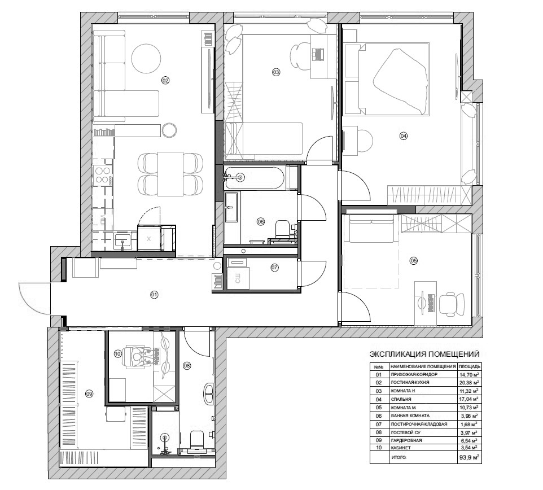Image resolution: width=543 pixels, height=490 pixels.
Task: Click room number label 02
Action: tap(165, 80)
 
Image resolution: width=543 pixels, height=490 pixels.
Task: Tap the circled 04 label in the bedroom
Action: tap(404, 136)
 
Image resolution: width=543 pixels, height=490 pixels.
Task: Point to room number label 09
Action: tap(89, 393)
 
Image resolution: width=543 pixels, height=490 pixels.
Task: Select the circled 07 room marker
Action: tap(274, 268)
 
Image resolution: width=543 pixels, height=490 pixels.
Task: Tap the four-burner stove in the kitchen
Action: tap(103, 174)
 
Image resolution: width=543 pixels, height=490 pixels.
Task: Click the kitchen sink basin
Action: tap(122, 239)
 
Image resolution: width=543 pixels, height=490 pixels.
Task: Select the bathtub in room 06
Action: tap(254, 178)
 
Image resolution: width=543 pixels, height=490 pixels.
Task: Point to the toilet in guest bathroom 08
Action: tap(197, 439)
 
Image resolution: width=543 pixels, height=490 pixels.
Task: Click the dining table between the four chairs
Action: tap(170, 174)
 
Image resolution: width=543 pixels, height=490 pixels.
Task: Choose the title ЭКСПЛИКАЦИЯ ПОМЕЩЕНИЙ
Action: tap(424, 354)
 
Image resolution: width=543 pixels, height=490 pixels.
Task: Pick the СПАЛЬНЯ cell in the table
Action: tap(401, 399)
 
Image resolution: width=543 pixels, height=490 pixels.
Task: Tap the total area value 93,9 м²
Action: tap(469, 457)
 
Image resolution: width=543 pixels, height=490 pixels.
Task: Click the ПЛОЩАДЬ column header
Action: tap(469, 366)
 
